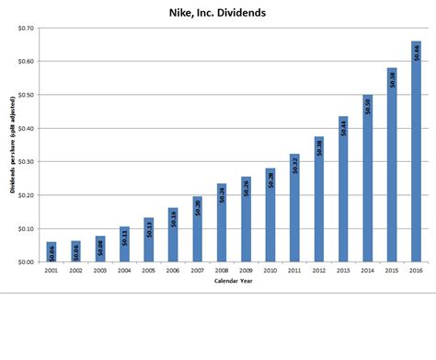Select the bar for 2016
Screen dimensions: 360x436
[416, 152]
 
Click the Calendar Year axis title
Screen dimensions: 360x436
[233, 282]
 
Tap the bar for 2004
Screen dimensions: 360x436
[124, 245]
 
